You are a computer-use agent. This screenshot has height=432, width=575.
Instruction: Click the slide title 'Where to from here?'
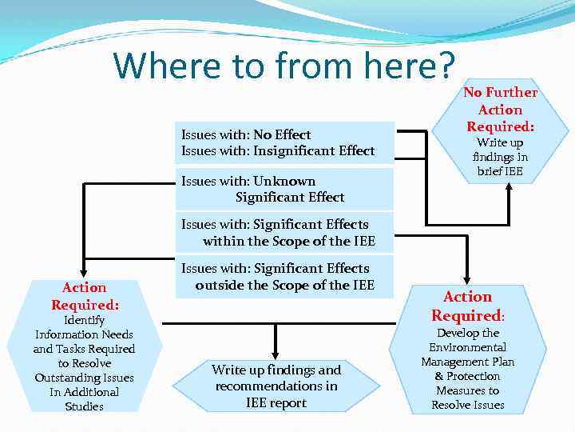284,66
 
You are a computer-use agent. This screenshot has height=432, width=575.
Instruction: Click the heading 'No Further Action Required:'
501,110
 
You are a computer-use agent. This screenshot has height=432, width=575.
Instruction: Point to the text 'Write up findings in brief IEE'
501,157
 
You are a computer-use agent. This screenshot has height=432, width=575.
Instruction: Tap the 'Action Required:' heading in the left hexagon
84,296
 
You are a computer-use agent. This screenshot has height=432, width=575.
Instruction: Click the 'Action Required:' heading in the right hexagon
468,306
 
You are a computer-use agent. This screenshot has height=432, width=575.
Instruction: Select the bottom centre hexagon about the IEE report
276,386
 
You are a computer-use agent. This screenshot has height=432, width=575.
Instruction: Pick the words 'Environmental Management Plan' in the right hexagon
468,354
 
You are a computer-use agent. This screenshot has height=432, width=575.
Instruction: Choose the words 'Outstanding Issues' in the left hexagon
84,378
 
